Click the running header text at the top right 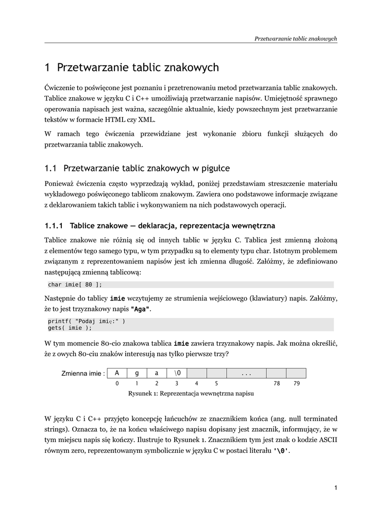(x=296, y=38)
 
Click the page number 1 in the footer (x=335, y=488)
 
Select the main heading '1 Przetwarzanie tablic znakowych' (x=132, y=67)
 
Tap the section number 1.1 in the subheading (x=50, y=168)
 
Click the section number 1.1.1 (x=54, y=225)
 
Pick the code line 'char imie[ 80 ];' (x=75, y=285)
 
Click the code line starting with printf (x=87, y=321)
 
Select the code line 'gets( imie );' (x=70, y=328)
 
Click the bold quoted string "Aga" (x=141, y=309)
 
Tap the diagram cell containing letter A (x=117, y=373)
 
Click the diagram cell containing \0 (x=177, y=373)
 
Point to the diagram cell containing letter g (x=137, y=373)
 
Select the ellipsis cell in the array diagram (x=246, y=373)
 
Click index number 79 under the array (x=296, y=383)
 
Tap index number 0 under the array (x=117, y=383)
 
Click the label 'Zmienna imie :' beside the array (x=83, y=374)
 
